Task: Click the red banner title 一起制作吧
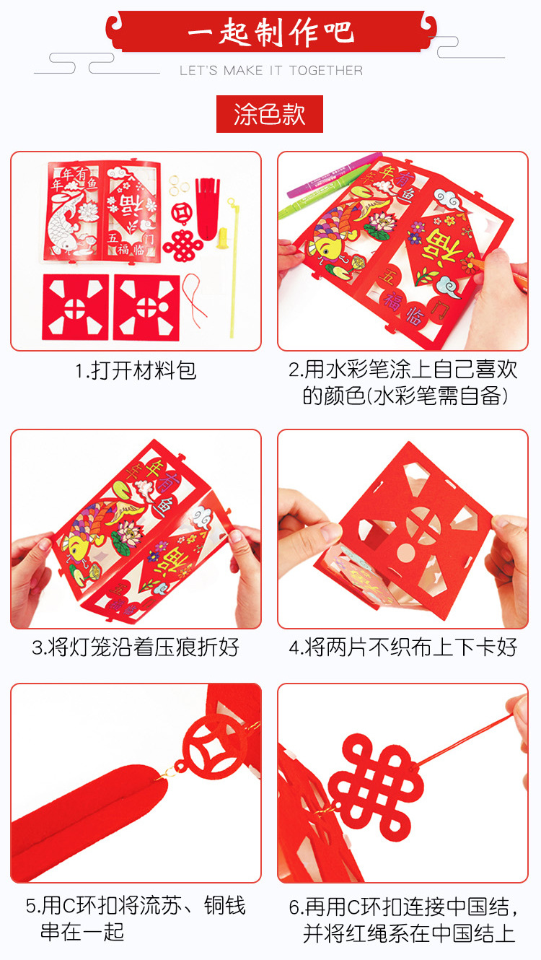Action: pos(270,32)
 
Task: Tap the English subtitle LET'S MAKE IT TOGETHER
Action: pos(271,70)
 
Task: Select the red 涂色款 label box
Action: pos(270,114)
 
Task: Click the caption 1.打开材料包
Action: pos(136,371)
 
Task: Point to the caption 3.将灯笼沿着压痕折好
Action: pos(136,647)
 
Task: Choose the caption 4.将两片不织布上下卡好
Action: pos(403,647)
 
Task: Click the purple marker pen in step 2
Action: pos(334,175)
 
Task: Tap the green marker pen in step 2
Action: pos(319,193)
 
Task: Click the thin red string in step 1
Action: pos(195,300)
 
